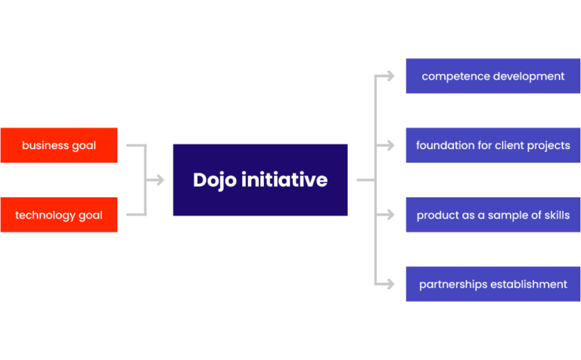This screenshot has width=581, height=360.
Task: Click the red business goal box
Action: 59,145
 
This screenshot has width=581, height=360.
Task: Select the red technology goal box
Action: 59,215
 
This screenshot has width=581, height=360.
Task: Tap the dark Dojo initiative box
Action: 260,180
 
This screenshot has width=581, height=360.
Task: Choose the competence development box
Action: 493,76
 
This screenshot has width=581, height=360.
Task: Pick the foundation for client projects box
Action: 493,145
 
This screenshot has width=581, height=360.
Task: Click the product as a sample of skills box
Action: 493,215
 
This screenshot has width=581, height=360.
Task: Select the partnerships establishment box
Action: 493,284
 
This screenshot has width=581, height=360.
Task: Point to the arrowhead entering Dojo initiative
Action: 160,180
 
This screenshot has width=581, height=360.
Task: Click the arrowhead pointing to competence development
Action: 390,76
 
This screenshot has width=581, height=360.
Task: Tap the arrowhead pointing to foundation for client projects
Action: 390,145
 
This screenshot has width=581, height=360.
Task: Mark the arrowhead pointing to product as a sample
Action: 390,215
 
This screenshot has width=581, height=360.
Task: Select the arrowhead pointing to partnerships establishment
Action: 390,284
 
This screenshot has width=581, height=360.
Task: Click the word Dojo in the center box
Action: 215,180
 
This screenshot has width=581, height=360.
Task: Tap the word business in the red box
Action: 44,145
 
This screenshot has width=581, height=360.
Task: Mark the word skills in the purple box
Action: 556,215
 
